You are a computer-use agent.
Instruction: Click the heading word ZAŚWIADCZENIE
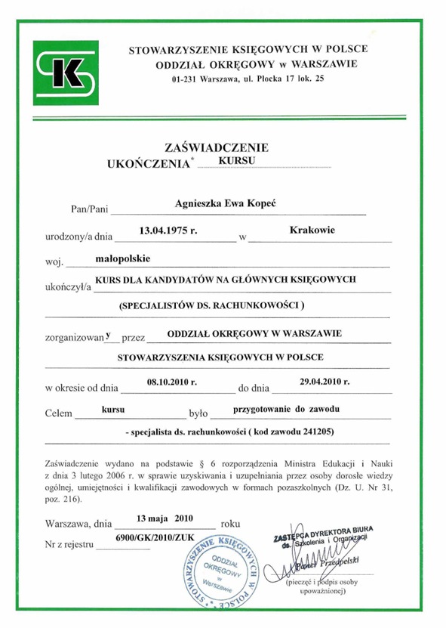pos(216,147)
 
